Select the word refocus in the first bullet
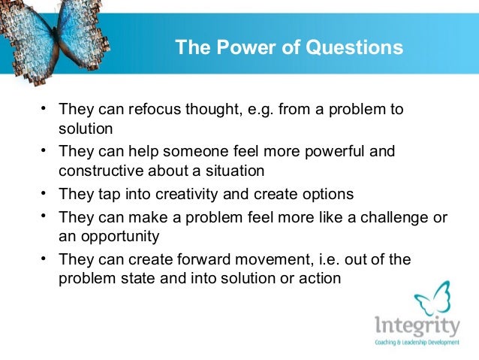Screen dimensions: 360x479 (x=155, y=110)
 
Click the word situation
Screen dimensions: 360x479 (x=233, y=171)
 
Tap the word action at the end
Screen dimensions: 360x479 (x=321, y=278)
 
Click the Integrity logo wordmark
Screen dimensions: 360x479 (x=417, y=327)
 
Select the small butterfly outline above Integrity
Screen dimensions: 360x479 (x=433, y=298)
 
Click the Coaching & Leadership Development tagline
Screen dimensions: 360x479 (x=417, y=343)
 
